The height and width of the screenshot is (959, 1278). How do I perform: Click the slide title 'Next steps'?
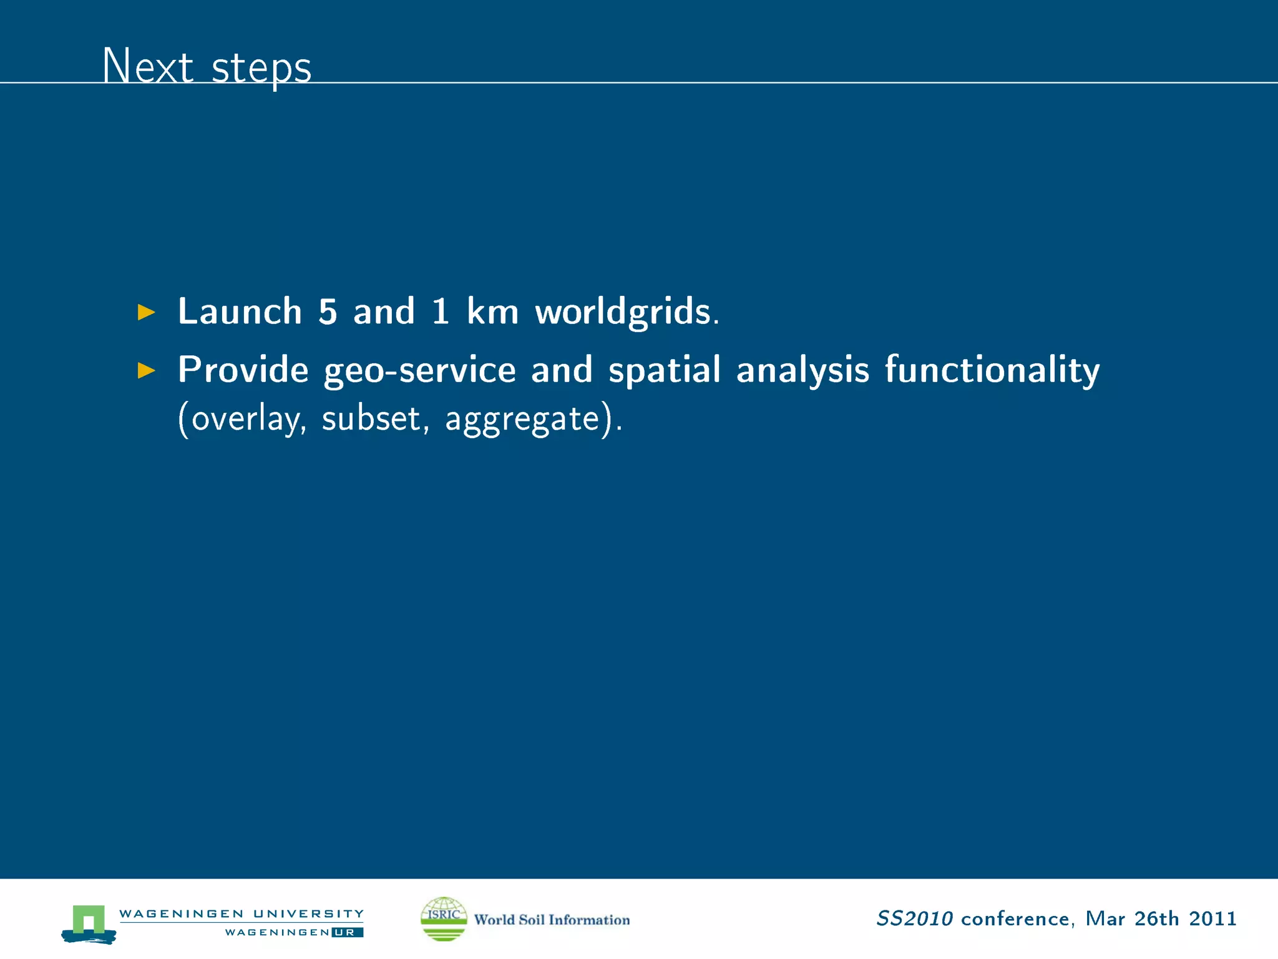tap(207, 66)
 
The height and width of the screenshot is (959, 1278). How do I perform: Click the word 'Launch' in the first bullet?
tap(240, 311)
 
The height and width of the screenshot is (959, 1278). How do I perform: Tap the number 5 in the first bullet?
tap(328, 311)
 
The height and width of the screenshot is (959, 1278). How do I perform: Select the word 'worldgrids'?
tap(623, 311)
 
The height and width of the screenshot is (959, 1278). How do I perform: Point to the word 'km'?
tap(492, 311)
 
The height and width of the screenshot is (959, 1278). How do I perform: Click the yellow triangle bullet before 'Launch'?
tap(146, 312)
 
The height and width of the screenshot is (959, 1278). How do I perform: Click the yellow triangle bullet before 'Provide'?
tap(146, 370)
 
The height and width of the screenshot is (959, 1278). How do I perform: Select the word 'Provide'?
tap(243, 370)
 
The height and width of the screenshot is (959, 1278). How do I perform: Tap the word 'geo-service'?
tap(419, 370)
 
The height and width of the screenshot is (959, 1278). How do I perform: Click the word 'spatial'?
tap(665, 370)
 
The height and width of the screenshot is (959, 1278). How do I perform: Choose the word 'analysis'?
tap(802, 370)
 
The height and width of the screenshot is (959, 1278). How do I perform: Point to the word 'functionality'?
tap(992, 370)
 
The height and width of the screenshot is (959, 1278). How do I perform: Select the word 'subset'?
tap(372, 418)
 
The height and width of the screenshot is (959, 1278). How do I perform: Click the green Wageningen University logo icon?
tap(89, 923)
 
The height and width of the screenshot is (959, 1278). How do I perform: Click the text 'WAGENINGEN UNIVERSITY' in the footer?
tap(241, 913)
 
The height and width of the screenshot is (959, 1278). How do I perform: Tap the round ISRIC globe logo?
tap(444, 918)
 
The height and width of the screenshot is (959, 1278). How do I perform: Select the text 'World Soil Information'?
tap(552, 920)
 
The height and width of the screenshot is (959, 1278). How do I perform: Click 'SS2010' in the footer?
tap(914, 918)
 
